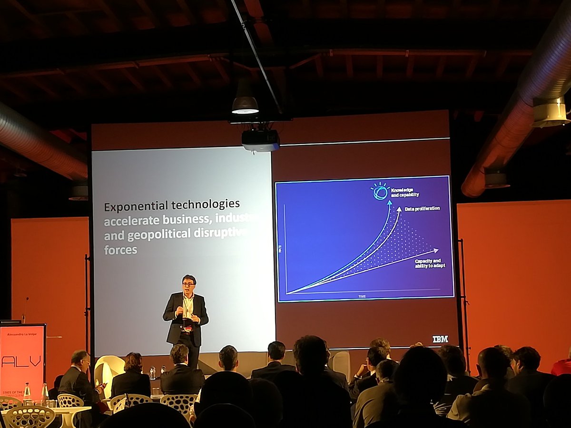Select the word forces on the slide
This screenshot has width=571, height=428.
point(120,249)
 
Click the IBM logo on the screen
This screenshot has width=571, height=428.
point(440,339)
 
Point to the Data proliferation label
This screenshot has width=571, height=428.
point(422,208)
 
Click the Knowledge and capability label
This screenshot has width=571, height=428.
point(405,192)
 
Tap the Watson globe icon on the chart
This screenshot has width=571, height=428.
point(380,191)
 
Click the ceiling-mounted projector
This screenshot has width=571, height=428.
point(260,140)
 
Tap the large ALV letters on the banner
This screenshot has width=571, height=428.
point(21,361)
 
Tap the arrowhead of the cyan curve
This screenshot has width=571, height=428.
point(389,202)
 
